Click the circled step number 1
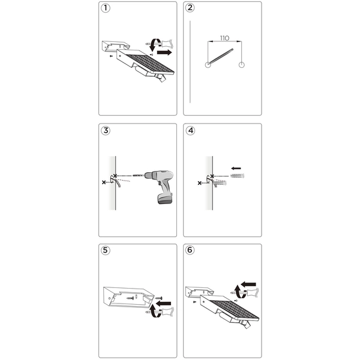106,8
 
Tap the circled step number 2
190,8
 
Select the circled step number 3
106,130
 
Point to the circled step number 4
190,130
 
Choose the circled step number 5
106,250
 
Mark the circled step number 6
190,250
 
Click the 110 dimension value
224,38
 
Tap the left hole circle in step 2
208,65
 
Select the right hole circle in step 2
242,65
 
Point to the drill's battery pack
166,199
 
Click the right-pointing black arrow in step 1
164,53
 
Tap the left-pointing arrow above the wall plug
236,168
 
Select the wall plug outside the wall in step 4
237,176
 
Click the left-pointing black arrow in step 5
163,304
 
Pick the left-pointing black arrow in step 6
248,284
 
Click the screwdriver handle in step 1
167,43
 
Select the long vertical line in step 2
190,62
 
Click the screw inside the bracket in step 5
130,298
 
